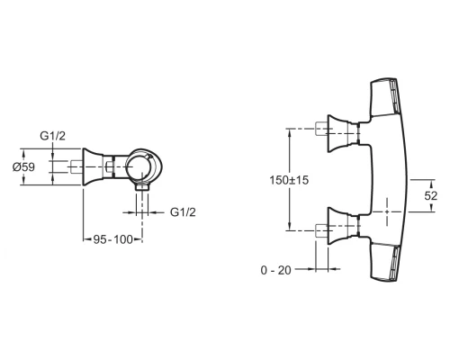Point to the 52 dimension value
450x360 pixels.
(431, 194)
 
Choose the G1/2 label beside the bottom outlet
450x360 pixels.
(185, 212)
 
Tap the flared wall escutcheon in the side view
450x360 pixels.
(94, 168)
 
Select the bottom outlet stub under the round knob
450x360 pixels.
(142, 194)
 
